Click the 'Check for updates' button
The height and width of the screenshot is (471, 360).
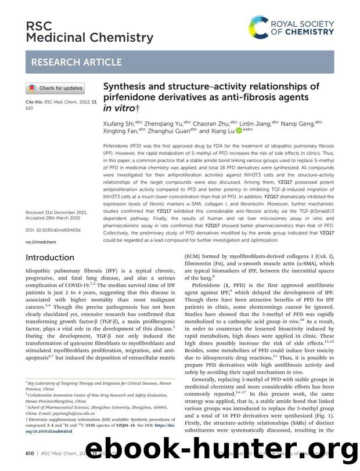55,88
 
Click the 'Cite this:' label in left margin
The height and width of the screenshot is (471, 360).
36,101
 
